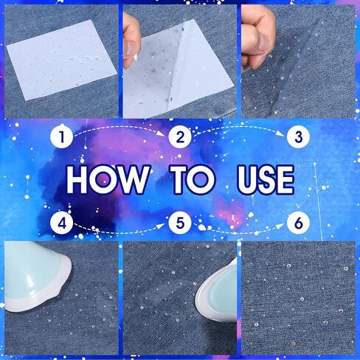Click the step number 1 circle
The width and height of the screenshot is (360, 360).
point(63,136)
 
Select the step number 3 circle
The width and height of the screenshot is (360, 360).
point(297,136)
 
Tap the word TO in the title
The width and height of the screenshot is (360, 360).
point(193,179)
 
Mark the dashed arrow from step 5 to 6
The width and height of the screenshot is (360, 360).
point(238,226)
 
